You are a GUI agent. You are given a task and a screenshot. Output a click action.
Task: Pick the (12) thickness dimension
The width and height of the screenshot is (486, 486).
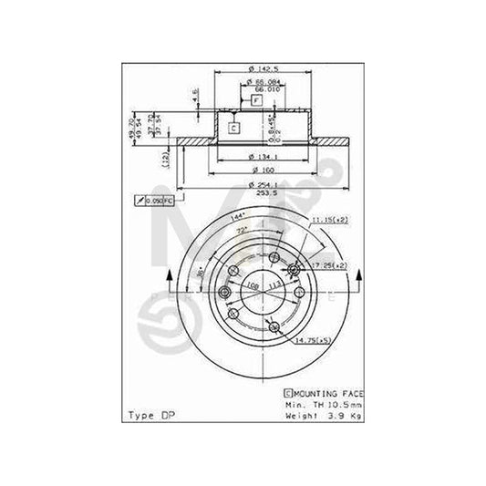164,160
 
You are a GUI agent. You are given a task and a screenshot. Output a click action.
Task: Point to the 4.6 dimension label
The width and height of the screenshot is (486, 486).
195,94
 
